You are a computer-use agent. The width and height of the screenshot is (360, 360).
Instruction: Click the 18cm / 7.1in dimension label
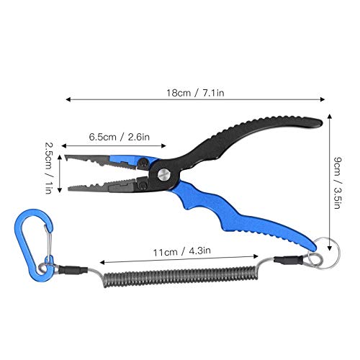click(x=195, y=93)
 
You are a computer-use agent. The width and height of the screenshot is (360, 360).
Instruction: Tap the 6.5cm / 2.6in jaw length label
click(x=120, y=137)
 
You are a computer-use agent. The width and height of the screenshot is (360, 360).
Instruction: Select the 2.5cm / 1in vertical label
click(x=49, y=168)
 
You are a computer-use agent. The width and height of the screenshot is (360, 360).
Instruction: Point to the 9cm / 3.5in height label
click(x=338, y=183)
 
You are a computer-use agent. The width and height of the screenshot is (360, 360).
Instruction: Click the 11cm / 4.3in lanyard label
click(x=182, y=251)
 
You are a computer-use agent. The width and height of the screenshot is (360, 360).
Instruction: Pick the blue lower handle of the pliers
click(x=240, y=216)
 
